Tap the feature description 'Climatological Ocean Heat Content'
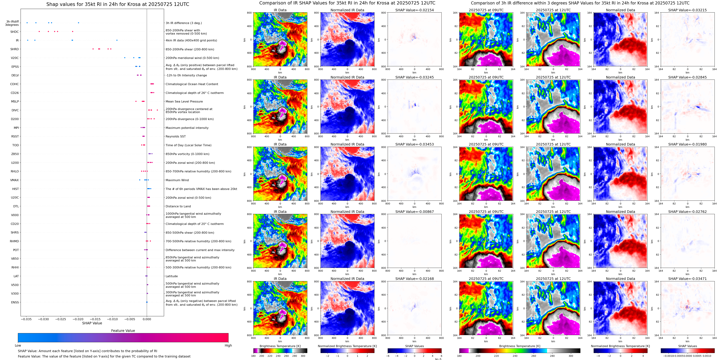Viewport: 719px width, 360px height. coord(192,84)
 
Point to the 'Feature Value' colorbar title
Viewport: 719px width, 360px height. coord(123,331)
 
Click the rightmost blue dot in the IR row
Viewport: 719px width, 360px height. coord(117,40)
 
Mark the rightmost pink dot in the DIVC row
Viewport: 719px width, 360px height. coord(157,110)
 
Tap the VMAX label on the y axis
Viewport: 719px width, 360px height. coord(15,180)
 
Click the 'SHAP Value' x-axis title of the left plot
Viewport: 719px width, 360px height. coord(92,323)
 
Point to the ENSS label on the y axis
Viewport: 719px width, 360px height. coord(15,302)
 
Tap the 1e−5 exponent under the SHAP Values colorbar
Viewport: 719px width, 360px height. coord(438,359)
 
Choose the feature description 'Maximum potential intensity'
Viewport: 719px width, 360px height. coord(187,128)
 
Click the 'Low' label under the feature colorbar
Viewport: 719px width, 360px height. coord(18,345)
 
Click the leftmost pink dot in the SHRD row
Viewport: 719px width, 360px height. coord(93,49)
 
